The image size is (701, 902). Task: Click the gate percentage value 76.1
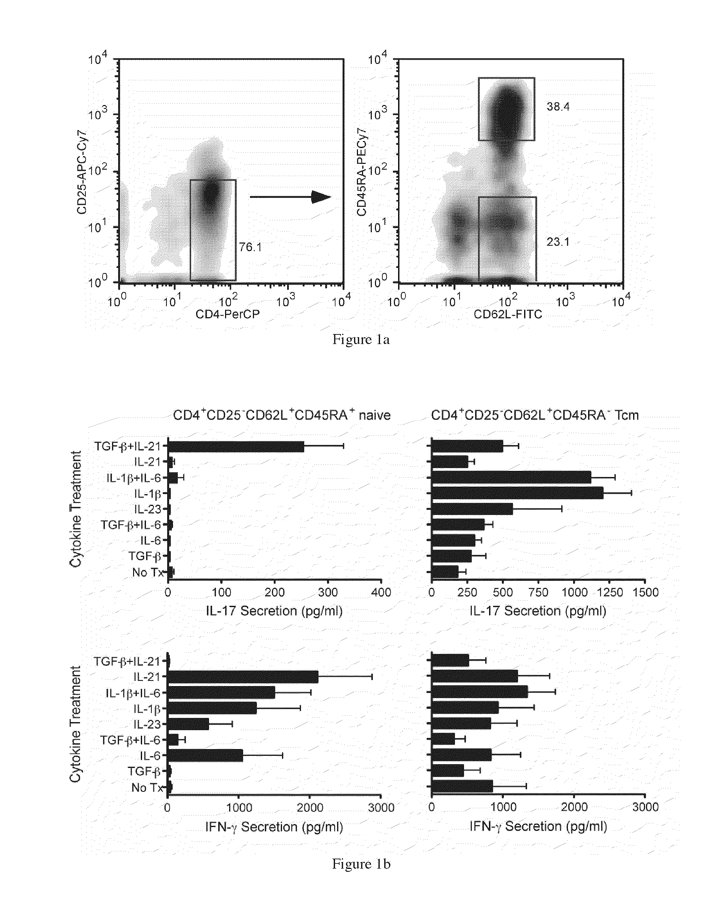[x=250, y=247]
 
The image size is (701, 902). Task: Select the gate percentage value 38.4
[x=558, y=107]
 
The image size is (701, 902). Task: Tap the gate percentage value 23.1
[x=558, y=242]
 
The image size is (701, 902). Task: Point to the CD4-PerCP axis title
[x=227, y=314]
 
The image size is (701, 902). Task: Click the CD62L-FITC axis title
[x=507, y=314]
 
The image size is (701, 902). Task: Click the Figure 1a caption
[x=361, y=340]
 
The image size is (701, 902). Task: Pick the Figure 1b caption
[x=361, y=864]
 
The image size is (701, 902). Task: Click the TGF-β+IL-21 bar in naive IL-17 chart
[x=236, y=447]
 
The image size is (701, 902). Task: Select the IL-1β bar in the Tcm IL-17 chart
[x=517, y=493]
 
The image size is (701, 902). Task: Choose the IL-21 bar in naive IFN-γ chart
[x=243, y=677]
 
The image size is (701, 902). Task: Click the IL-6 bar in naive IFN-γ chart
[x=205, y=756]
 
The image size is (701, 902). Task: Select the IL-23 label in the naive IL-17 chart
[x=147, y=509]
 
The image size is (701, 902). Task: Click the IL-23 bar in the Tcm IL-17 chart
[x=472, y=509]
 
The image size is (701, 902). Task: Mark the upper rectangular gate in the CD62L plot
[x=506, y=109]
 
